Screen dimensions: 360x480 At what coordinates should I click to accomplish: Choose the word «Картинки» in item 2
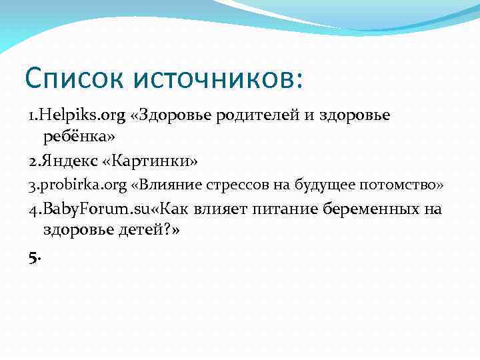pos(155,161)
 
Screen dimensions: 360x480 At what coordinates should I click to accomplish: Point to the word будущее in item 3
pos(321,185)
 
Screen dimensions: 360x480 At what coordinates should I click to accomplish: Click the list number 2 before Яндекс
pos(33,161)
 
